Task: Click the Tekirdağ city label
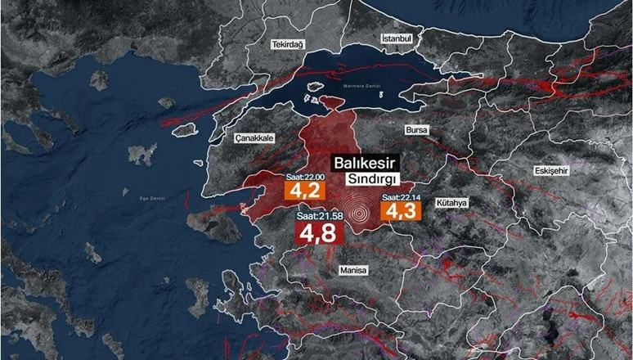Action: [x=287, y=45]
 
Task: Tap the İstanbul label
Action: [x=400, y=38]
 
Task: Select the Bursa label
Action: [x=417, y=129]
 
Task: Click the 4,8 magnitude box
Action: [x=318, y=234]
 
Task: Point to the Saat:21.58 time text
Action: [x=318, y=216]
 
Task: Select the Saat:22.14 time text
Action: [x=401, y=197]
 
